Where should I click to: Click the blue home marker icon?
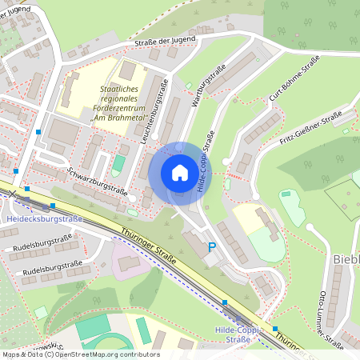[x=179, y=173]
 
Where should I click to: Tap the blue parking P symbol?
[x=211, y=249]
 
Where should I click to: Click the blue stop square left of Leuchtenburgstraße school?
[x=38, y=130]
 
